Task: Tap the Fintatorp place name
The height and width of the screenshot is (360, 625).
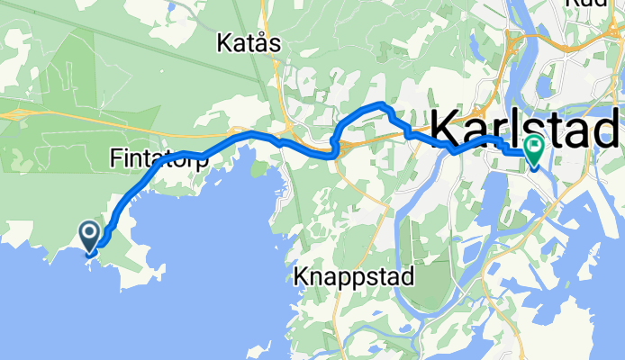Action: (159, 159)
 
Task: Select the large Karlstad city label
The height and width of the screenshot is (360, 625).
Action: (526, 129)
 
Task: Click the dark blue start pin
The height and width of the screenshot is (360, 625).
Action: (91, 237)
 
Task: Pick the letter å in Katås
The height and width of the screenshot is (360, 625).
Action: (263, 42)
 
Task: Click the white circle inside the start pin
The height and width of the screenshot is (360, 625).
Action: (91, 232)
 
